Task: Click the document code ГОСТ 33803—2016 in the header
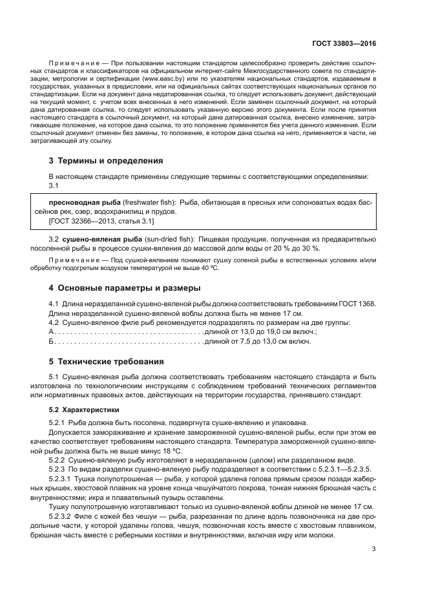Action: click(344, 44)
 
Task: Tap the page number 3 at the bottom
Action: click(374, 550)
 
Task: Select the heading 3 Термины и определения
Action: click(106, 160)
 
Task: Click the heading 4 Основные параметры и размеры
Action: click(125, 287)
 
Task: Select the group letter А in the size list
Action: click(52, 331)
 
